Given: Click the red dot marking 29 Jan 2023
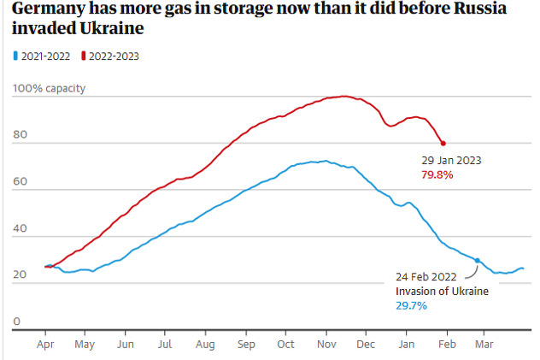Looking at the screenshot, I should [x=443, y=143].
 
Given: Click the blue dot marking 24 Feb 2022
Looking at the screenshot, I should [x=477, y=260].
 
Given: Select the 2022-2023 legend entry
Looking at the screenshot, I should [x=110, y=56].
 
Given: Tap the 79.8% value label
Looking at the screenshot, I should [x=437, y=174].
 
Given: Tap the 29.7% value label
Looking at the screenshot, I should [x=412, y=305].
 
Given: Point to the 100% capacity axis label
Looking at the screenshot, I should [x=49, y=89].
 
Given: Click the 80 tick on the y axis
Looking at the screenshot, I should [x=19, y=135].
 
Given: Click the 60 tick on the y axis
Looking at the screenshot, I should [x=19, y=182].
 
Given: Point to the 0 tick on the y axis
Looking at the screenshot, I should [x=15, y=322].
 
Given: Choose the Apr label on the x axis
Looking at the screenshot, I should [x=44, y=345].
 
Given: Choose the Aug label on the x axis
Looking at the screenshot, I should [x=205, y=345].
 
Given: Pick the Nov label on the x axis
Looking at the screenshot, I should [x=326, y=345].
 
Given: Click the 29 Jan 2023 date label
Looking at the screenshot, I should [x=450, y=160].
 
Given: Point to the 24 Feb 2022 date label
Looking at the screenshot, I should [x=426, y=276].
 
